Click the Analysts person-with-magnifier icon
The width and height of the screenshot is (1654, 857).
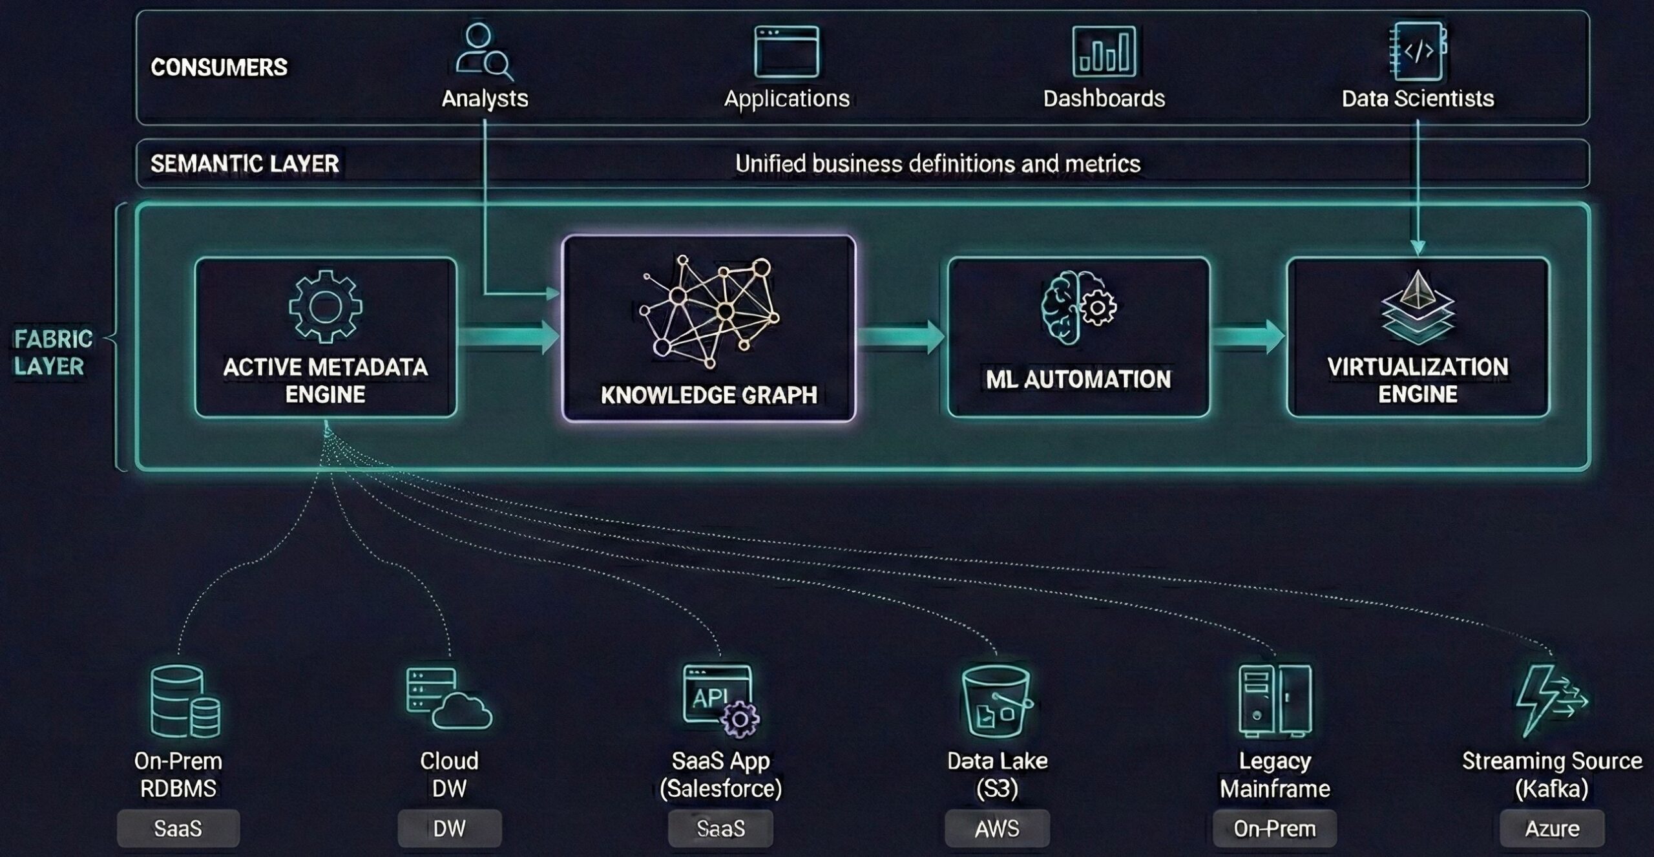tap(483, 51)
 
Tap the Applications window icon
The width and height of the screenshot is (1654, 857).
tap(786, 51)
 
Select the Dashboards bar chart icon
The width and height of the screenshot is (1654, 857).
tap(1104, 51)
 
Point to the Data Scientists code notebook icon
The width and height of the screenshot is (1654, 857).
tap(1418, 51)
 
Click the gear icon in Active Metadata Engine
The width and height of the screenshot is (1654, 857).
tap(325, 306)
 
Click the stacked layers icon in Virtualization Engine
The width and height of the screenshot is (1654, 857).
tap(1418, 306)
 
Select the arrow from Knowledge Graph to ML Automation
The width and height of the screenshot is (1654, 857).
tap(901, 337)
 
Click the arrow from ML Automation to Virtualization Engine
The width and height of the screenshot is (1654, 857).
tap(1248, 337)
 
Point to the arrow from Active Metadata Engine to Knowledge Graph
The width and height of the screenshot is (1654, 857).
tap(508, 337)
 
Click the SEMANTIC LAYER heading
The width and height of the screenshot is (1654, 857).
tap(245, 164)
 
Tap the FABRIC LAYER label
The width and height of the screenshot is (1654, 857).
tap(53, 352)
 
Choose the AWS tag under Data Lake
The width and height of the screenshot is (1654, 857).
tap(997, 829)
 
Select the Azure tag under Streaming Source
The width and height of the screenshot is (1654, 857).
tap(1552, 829)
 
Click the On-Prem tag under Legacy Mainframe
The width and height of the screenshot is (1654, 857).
tap(1274, 829)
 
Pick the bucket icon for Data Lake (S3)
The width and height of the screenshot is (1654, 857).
tap(996, 702)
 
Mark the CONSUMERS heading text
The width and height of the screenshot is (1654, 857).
tap(219, 67)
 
